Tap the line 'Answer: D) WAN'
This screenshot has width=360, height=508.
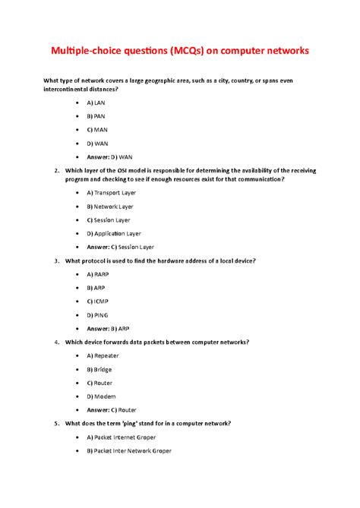tap(109, 156)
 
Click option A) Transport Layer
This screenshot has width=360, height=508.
tap(112, 193)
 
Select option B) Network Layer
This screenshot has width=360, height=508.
tap(111, 206)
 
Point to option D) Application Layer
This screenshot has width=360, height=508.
tap(114, 233)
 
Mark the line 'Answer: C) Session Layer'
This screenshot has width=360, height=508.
tap(120, 247)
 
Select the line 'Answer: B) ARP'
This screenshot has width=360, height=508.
tap(109, 328)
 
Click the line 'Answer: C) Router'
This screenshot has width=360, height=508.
tap(113, 409)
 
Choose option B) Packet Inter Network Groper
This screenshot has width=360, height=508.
tap(129, 450)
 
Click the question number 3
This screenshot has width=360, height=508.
tap(57, 260)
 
